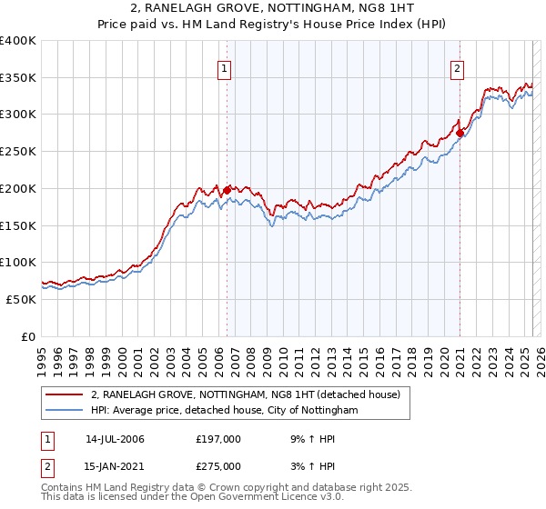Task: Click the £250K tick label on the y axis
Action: pyautogui.click(x=17, y=152)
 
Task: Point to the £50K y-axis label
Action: pyautogui.click(x=21, y=299)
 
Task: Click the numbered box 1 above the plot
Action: pyautogui.click(x=224, y=67)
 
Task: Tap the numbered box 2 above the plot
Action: pyautogui.click(x=457, y=67)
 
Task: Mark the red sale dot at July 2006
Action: pyautogui.click(x=227, y=191)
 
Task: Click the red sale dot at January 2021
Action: pyautogui.click(x=460, y=134)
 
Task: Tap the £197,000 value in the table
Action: pyautogui.click(x=218, y=439)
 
